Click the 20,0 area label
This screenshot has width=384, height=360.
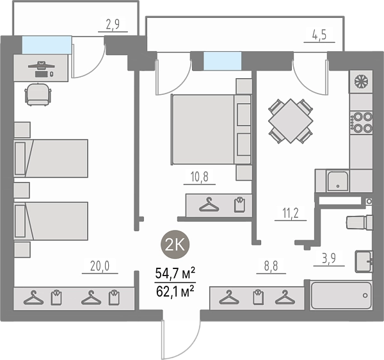tap(100, 266)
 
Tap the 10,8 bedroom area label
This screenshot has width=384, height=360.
tap(199, 177)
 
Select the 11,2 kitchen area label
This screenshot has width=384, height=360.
tap(291, 213)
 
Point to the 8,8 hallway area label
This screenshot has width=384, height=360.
tap(271, 266)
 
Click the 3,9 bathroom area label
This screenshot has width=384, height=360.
tap(329, 258)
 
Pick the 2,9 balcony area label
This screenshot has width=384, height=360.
tap(113, 24)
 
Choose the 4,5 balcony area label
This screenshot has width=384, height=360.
tap(319, 35)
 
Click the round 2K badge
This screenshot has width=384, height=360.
tap(175, 244)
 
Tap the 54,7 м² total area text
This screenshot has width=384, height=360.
tap(175, 274)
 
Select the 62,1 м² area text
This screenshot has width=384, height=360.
tap(175, 291)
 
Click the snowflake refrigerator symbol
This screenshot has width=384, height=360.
tap(361, 81)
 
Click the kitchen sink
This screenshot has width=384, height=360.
tap(338, 181)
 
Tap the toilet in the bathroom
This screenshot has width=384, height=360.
tap(359, 222)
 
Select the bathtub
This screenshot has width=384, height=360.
tap(341, 295)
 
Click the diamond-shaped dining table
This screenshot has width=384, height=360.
tap(291, 121)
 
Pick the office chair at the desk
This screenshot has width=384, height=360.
tap(38, 95)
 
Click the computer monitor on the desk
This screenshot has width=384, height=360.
tap(41, 65)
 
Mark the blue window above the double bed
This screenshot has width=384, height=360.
tap(223, 61)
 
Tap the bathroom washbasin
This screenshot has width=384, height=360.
tap(364, 261)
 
